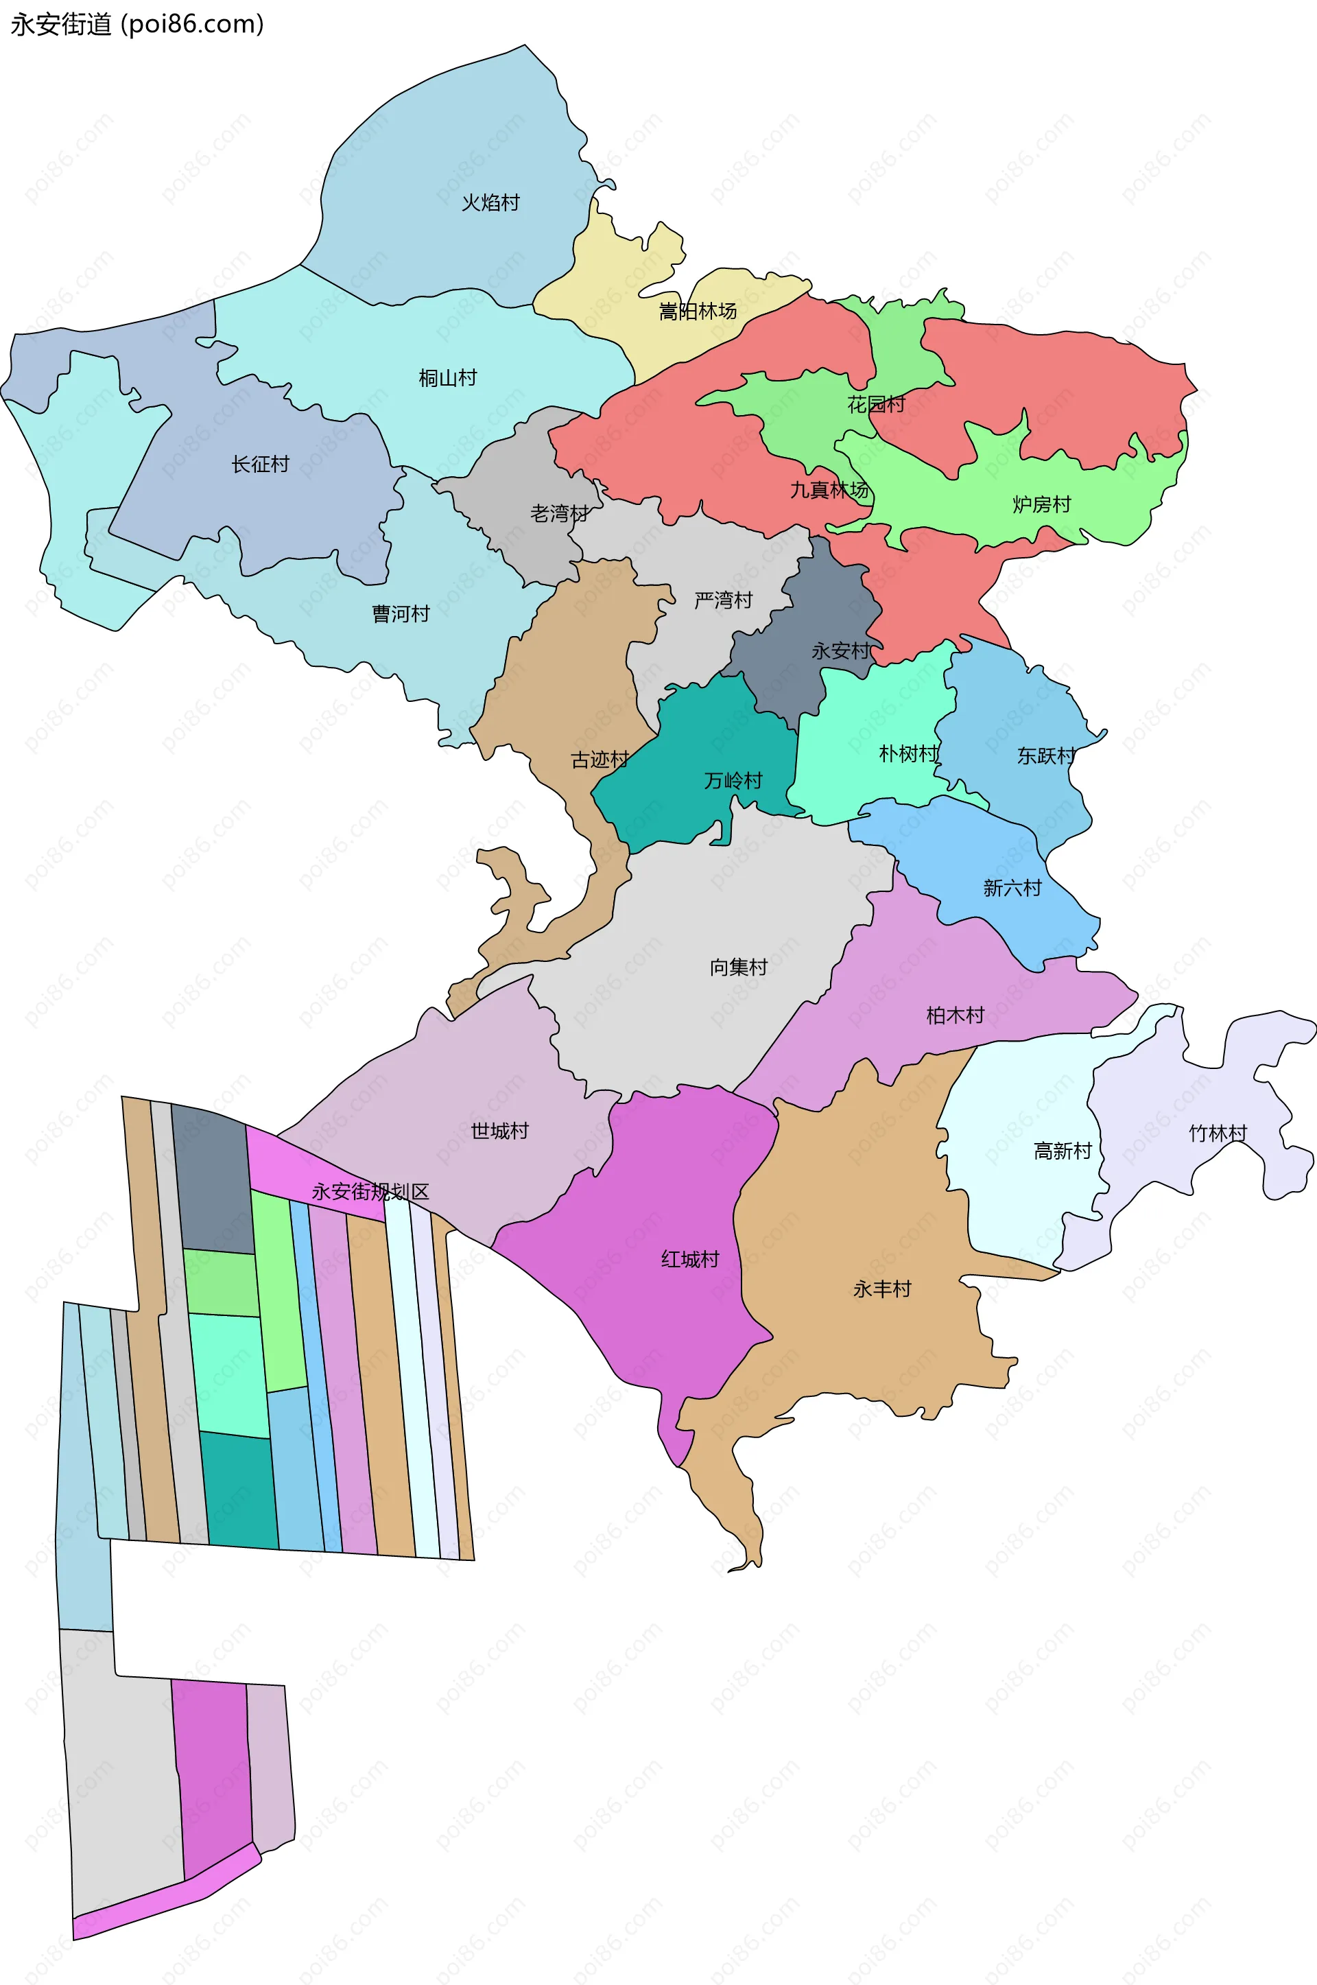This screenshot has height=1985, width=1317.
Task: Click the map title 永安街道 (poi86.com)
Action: click(137, 25)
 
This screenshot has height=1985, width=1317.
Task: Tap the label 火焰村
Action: click(490, 202)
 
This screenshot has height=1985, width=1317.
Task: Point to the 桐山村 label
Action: click(448, 378)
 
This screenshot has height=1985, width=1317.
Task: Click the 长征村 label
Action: click(261, 464)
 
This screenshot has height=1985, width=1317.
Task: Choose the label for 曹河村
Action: click(401, 614)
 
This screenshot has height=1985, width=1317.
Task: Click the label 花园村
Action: click(876, 405)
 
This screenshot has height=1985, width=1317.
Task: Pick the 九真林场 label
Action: click(829, 490)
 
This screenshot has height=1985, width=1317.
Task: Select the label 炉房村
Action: click(1041, 504)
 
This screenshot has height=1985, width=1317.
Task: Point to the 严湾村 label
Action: click(723, 600)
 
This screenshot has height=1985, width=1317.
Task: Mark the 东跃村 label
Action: click(1047, 755)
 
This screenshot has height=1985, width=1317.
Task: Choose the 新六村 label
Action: click(1012, 888)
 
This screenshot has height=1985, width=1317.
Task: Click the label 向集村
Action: click(738, 967)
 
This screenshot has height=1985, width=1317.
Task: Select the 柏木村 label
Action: click(955, 1015)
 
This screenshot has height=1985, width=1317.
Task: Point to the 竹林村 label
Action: click(1218, 1134)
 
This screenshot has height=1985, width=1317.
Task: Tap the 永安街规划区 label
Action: click(370, 1191)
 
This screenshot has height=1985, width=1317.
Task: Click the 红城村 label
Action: click(691, 1259)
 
